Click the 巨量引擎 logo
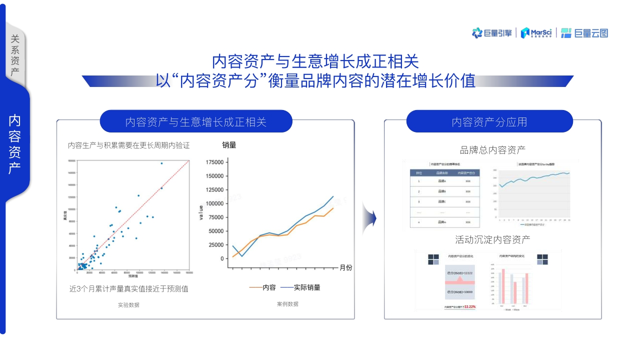tap(492, 33)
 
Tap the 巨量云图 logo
tap(584, 33)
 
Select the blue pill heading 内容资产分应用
tap(489, 122)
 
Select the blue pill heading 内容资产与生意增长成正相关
tap(195, 122)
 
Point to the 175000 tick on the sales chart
tap(214, 162)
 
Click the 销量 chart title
tap(229, 145)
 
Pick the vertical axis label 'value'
tap(201, 212)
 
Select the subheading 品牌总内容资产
tap(492, 149)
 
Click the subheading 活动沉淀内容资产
tap(492, 239)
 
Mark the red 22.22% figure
tap(469, 306)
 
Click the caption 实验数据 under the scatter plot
tap(128, 304)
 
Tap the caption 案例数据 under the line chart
tap(287, 303)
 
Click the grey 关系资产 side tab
tap(15, 55)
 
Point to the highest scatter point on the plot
tap(161, 163)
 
